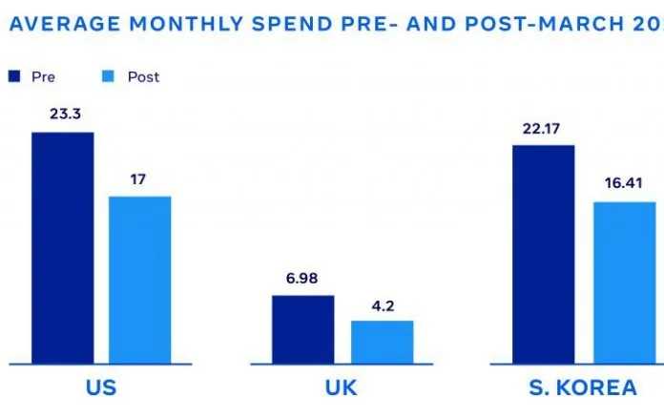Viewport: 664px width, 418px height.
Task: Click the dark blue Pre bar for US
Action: coord(63,247)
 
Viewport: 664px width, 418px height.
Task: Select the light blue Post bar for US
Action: coord(139,280)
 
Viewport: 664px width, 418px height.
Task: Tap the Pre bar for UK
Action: coord(302,329)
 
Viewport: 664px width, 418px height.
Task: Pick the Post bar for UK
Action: coord(382,342)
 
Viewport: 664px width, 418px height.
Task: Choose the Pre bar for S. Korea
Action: coord(543,254)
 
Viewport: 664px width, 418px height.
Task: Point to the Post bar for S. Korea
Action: coord(624,282)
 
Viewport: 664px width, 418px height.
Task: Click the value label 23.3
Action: coord(62,113)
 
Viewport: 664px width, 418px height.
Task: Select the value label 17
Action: coord(139,178)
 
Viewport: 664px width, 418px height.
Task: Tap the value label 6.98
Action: coord(302,278)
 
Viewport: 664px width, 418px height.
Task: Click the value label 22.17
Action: coord(543,127)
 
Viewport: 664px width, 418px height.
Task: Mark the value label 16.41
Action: coord(624,184)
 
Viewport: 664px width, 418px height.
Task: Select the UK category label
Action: coord(342,388)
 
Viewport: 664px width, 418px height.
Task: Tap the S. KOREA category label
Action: coord(582,388)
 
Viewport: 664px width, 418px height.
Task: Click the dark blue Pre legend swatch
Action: coord(14,76)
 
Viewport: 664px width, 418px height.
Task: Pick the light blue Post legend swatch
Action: coord(110,76)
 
